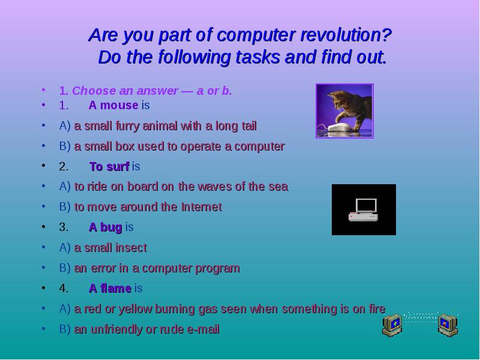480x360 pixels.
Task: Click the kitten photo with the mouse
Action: (344, 111)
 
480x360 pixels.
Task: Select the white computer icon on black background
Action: (364, 209)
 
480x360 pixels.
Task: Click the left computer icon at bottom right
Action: (394, 325)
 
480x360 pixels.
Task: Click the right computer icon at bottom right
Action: (447, 325)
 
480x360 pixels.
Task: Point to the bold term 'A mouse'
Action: (113, 106)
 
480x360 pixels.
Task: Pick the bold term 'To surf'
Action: (109, 167)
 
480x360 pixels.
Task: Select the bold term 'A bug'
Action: (106, 227)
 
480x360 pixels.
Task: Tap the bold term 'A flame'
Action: (110, 289)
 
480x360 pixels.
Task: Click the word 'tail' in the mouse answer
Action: (247, 126)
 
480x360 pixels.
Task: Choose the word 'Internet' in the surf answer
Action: (201, 207)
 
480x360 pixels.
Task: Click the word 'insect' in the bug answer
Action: (131, 248)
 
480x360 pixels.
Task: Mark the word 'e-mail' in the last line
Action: (203, 329)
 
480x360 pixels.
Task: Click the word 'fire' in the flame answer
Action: (376, 309)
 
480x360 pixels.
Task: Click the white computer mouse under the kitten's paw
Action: (340, 127)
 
